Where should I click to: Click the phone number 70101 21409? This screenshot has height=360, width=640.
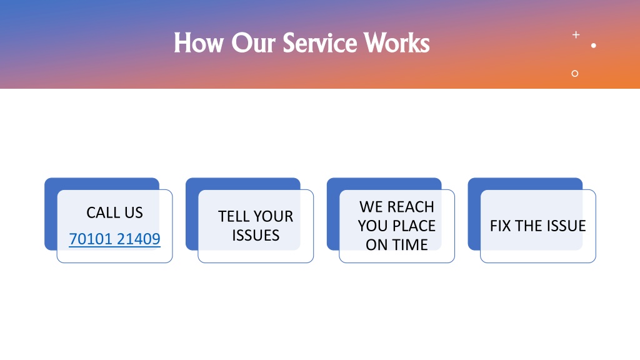coord(115,239)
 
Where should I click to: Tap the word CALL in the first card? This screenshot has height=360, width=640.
coord(103,212)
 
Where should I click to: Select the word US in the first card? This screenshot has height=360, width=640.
coord(134,212)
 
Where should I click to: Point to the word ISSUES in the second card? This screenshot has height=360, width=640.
coord(256,236)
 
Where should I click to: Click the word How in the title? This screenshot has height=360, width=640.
coord(199,43)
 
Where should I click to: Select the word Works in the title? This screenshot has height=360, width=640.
coord(397,43)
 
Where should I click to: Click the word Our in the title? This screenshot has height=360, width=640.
coord(254,43)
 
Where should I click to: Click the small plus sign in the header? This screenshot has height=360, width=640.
coord(576,35)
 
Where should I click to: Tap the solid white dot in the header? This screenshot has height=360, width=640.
coord(594,46)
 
